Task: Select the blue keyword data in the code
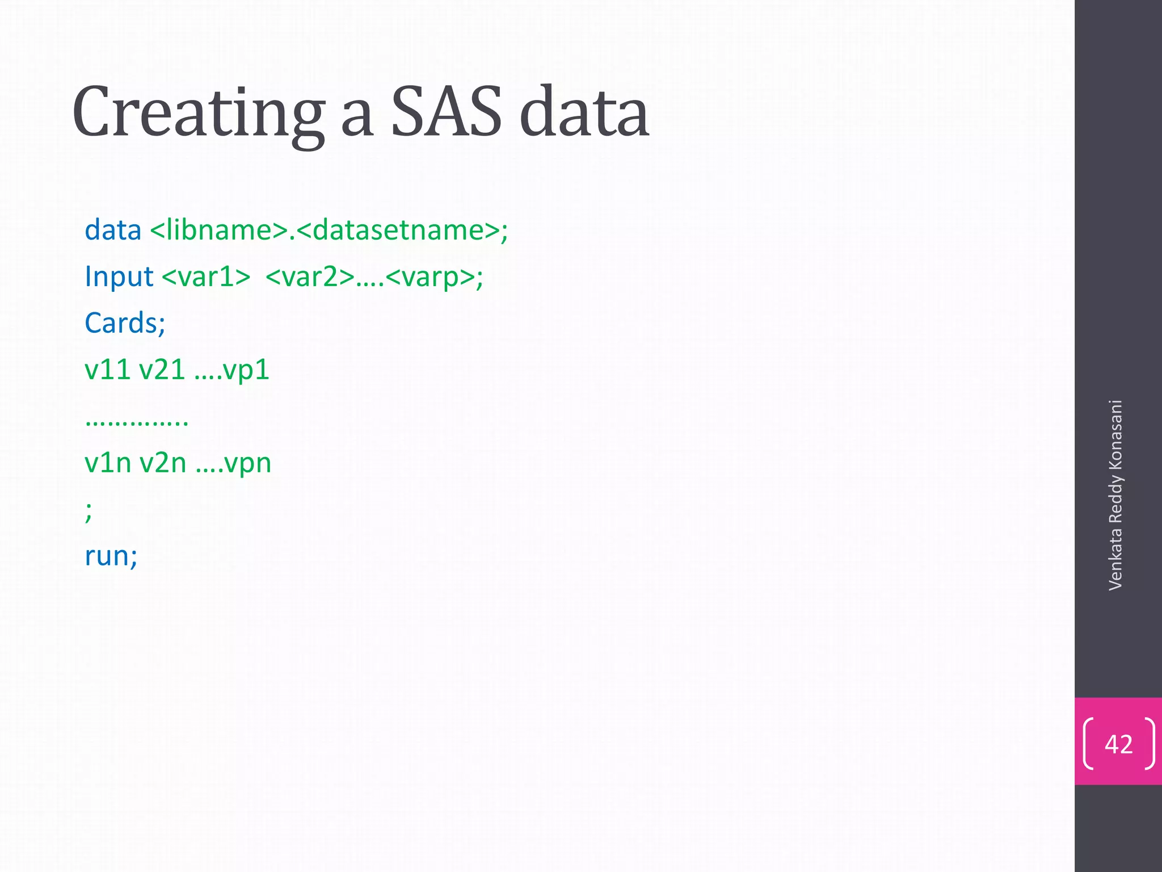113,230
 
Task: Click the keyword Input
119,277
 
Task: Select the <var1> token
206,277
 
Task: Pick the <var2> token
310,277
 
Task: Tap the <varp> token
431,277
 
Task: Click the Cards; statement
125,323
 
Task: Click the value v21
162,370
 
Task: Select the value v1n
108,463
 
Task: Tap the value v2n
163,463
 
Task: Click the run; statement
111,555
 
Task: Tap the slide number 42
1118,744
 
